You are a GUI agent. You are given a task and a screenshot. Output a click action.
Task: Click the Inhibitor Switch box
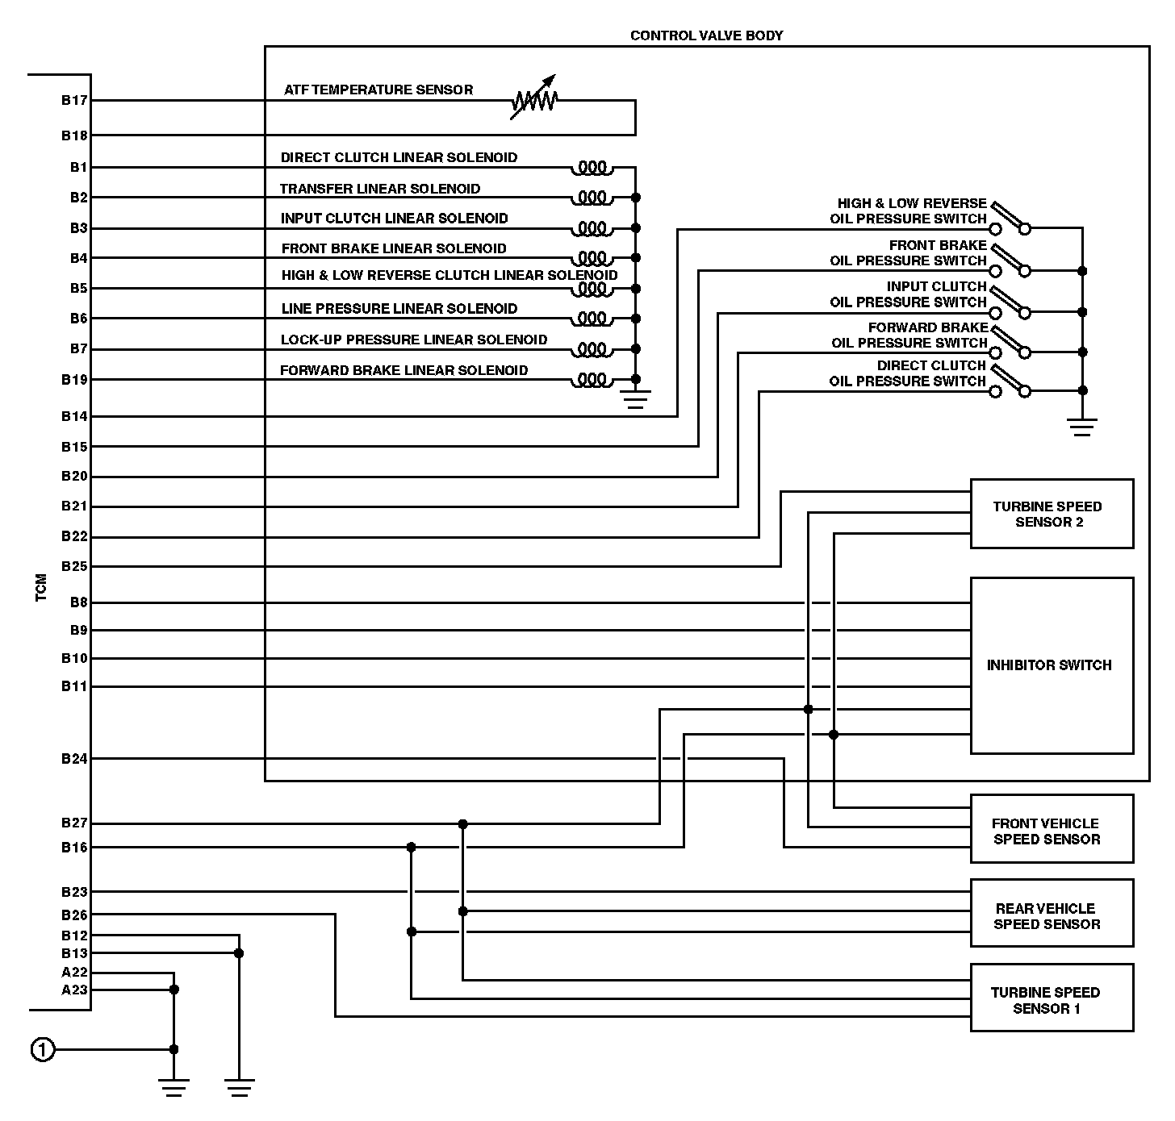1052,665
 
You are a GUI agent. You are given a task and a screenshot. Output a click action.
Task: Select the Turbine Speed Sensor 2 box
1052,514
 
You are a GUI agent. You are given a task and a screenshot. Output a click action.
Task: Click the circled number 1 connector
43,1050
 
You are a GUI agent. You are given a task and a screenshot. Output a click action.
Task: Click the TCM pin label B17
74,101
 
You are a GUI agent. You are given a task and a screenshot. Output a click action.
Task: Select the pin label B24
74,759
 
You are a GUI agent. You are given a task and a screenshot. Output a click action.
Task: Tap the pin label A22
74,973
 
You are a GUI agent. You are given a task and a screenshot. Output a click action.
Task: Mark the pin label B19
74,380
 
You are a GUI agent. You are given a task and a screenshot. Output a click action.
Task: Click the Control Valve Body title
706,35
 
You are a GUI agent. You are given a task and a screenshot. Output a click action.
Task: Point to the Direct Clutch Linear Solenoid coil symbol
592,168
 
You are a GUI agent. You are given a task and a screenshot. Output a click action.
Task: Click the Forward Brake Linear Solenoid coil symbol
592,379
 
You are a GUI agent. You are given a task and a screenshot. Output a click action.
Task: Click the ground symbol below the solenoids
636,399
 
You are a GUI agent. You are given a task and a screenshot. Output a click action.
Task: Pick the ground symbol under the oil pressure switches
1082,426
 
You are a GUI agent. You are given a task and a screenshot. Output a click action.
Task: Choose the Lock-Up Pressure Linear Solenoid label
414,340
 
